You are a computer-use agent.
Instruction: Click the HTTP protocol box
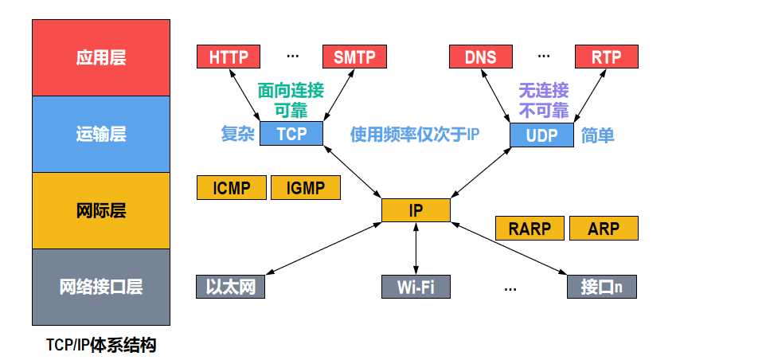coord(229,57)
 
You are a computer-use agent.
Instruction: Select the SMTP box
coord(354,57)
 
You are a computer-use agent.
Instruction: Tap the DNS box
coord(481,57)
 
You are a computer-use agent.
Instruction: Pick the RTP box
coord(606,57)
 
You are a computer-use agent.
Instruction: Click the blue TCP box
coord(291,133)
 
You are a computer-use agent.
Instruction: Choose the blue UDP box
coord(541,135)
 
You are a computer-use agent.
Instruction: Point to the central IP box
coord(416,210)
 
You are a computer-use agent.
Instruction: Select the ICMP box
coord(232,188)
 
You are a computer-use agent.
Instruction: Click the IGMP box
coord(306,188)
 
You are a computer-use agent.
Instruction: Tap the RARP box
coord(530,228)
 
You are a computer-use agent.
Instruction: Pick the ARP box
coord(604,228)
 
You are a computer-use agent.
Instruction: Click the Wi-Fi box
coord(416,287)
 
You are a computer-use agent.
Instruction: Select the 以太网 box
coord(231,287)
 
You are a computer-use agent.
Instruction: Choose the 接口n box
coord(602,287)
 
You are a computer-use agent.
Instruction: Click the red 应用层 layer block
coord(101,57)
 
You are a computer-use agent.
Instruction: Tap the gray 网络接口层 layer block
coord(101,288)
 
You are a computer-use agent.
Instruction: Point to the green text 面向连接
coord(291,90)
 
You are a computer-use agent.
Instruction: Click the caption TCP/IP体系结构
coord(101,345)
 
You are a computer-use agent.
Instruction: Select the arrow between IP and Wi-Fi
coord(416,248)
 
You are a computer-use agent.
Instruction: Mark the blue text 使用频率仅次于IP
coord(415,135)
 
